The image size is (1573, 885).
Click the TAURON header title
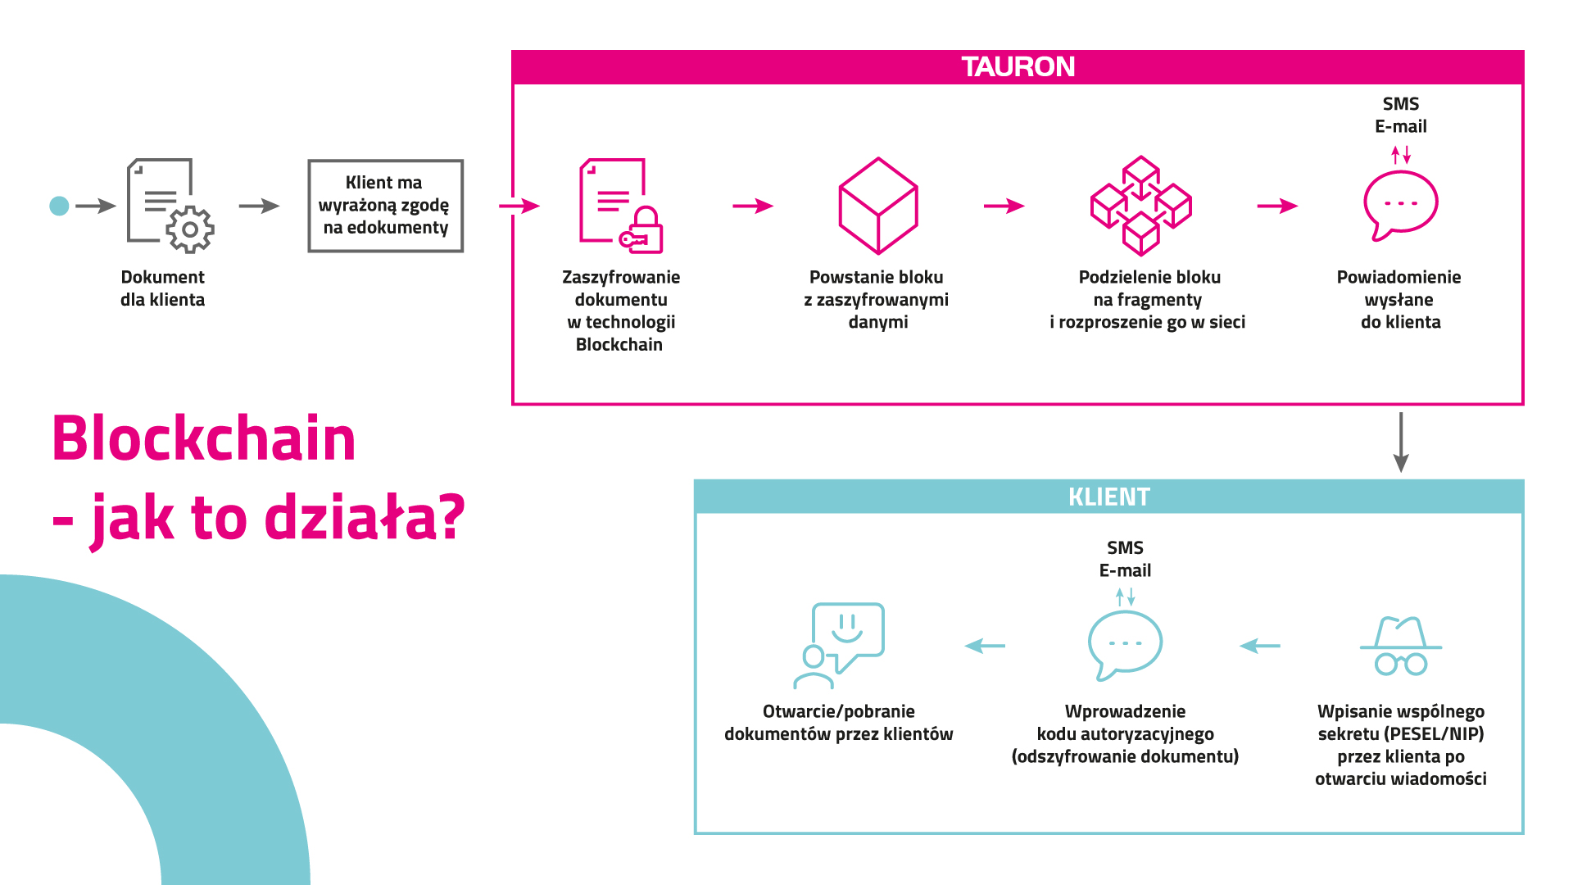point(1018,67)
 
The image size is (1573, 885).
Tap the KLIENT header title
point(1108,497)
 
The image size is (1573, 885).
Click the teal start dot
point(59,206)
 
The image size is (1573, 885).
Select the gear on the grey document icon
point(190,229)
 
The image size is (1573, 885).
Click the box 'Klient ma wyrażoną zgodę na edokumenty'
point(385,206)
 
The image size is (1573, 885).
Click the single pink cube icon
point(877,206)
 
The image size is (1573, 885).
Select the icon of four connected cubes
point(1140,206)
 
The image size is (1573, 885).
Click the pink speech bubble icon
point(1400,205)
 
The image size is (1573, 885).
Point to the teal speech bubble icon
point(1125,644)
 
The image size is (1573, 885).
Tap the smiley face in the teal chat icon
point(847,627)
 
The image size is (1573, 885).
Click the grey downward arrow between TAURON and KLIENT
point(1401,442)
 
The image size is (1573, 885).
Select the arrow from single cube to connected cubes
point(1004,206)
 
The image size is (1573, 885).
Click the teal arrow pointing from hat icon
point(1260,646)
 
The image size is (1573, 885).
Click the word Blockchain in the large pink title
point(204,439)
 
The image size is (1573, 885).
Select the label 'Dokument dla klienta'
point(162,288)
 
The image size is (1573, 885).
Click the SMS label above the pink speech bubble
point(1400,104)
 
